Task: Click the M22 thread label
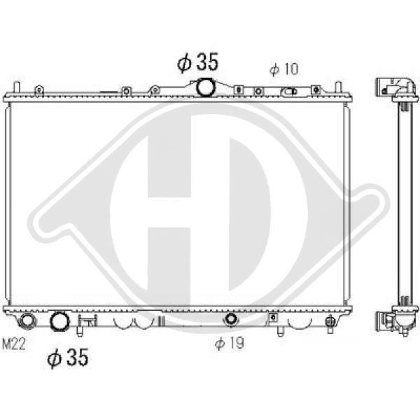click(14, 344)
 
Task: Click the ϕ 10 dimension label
click(283, 69)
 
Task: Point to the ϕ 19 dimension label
click(230, 342)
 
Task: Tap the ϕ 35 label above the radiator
click(197, 62)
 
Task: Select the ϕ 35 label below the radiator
click(68, 357)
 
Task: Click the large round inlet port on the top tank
click(206, 87)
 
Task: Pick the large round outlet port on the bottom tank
click(60, 321)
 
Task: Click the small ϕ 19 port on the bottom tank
click(230, 318)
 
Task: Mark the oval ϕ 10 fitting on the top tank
click(289, 92)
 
